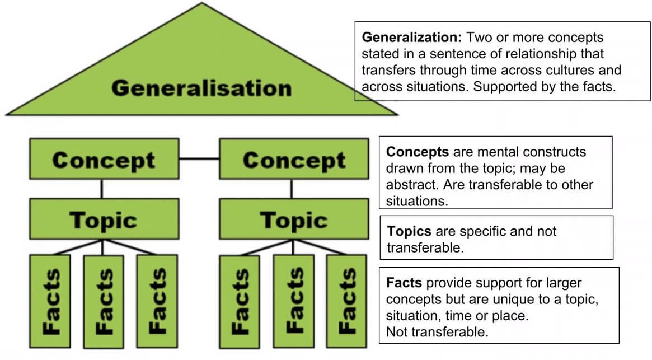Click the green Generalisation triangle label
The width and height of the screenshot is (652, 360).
(x=201, y=88)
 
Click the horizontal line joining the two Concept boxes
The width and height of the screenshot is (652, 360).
(x=199, y=159)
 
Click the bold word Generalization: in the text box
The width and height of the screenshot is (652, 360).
(x=412, y=38)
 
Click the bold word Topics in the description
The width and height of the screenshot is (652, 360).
(x=409, y=231)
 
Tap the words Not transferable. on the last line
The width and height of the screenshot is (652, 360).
(x=437, y=332)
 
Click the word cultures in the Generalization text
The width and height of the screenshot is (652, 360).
(x=569, y=71)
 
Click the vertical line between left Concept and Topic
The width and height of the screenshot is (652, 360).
(x=101, y=189)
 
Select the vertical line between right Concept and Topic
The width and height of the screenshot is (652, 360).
(x=291, y=189)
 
